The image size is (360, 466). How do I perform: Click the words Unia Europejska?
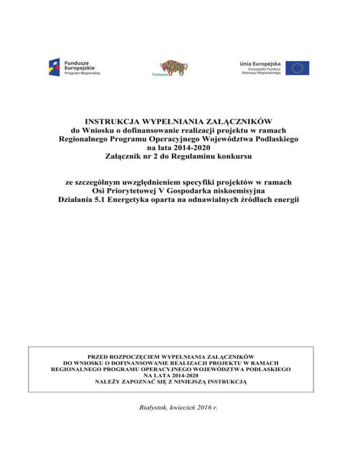(x=260, y=63)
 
